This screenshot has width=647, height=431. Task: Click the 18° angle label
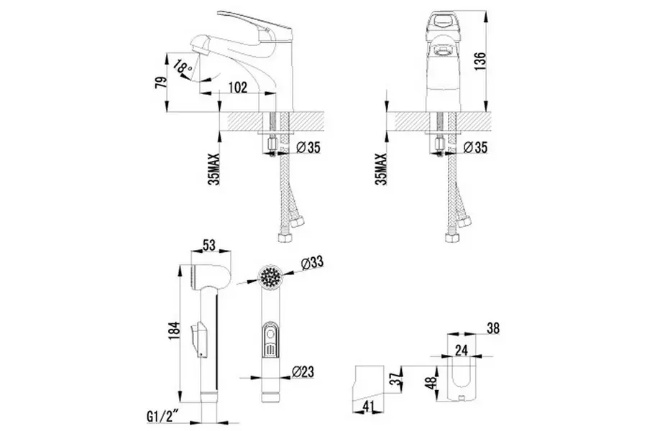click(x=183, y=68)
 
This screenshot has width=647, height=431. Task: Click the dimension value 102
click(x=238, y=86)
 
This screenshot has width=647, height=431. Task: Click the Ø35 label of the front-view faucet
click(x=475, y=148)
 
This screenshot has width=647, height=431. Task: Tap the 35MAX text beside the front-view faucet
click(x=381, y=170)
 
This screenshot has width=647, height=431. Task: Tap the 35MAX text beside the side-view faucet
click(x=214, y=170)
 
